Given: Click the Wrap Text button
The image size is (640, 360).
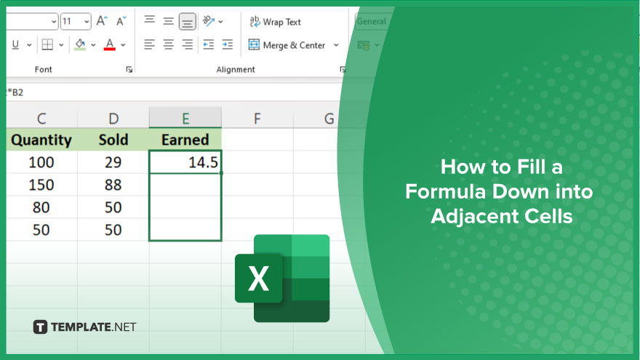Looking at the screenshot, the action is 275,22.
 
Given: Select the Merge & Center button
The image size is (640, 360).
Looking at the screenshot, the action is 293,45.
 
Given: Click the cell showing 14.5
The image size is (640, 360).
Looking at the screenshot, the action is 185,162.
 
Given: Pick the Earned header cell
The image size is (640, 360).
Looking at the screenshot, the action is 185,140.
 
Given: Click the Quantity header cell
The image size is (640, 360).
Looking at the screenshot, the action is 41,140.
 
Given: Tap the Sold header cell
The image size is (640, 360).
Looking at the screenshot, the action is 113,140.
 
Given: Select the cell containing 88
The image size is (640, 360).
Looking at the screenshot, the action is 113,185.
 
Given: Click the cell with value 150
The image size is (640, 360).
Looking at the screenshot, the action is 41,185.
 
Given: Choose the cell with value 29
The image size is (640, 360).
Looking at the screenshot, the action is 113,162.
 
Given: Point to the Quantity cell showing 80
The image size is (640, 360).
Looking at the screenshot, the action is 41,207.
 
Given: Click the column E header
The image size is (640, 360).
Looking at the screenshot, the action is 185,119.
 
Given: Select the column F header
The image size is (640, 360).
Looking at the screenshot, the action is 257,119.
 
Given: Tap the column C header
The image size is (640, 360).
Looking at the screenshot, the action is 41,119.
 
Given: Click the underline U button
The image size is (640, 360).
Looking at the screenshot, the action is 15,44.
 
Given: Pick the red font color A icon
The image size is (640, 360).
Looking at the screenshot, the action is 109,44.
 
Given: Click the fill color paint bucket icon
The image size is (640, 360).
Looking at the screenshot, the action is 80,44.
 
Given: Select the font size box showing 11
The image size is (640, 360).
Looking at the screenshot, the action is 76,21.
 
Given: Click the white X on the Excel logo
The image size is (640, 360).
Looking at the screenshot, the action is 258,278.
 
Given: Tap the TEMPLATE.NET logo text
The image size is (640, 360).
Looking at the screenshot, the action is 94,327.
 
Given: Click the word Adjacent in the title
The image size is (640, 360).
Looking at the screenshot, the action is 474,216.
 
